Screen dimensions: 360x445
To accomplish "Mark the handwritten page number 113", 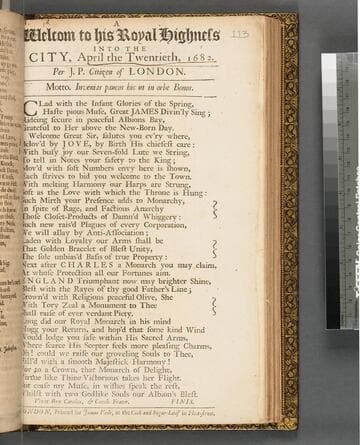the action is pyautogui.click(x=239, y=34).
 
